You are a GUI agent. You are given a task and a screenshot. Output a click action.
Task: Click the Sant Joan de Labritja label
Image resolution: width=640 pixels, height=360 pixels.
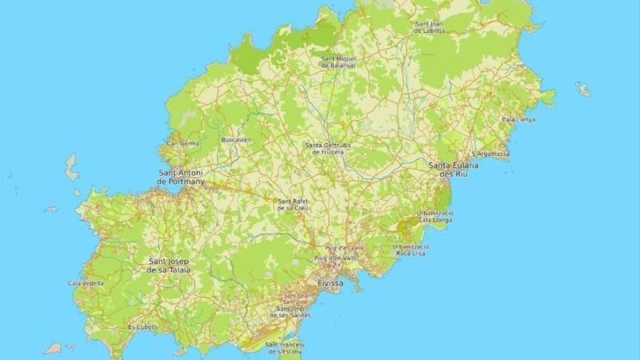coord(429,27)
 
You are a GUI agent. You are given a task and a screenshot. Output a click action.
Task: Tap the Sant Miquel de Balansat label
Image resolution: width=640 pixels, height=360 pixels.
coord(338,61)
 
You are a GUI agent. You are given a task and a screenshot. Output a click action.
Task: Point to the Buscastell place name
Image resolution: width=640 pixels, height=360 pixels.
coord(236,139)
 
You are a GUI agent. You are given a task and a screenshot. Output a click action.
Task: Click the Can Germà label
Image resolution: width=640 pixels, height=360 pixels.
coord(183,143)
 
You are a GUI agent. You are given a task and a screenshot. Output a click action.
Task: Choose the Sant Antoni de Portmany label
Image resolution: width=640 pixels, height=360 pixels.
coord(181,177)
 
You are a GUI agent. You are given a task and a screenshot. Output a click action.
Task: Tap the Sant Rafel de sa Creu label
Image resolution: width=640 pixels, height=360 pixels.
coord(294,204)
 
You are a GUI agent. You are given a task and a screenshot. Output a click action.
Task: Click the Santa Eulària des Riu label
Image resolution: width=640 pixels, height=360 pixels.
coord(453,170)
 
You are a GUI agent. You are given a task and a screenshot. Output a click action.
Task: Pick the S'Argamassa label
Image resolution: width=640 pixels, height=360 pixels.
coord(491,154)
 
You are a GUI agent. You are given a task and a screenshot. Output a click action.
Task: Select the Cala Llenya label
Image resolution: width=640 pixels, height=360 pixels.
coord(519,119)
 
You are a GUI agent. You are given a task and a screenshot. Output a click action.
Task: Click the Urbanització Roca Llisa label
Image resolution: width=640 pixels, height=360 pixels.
coord(411,250)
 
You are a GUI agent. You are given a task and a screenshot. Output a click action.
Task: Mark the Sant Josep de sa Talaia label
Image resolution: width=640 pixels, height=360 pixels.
coord(169,265)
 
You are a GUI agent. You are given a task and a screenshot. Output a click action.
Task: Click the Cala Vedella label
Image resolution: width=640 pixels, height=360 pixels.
coord(86,283)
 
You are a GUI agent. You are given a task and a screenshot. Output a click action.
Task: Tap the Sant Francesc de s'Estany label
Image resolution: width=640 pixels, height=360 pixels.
coord(286,348)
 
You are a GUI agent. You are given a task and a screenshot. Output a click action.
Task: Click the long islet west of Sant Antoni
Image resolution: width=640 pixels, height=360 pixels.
coord(71,167)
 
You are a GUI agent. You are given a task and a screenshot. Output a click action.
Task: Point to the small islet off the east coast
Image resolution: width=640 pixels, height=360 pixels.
coord(583,89)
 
